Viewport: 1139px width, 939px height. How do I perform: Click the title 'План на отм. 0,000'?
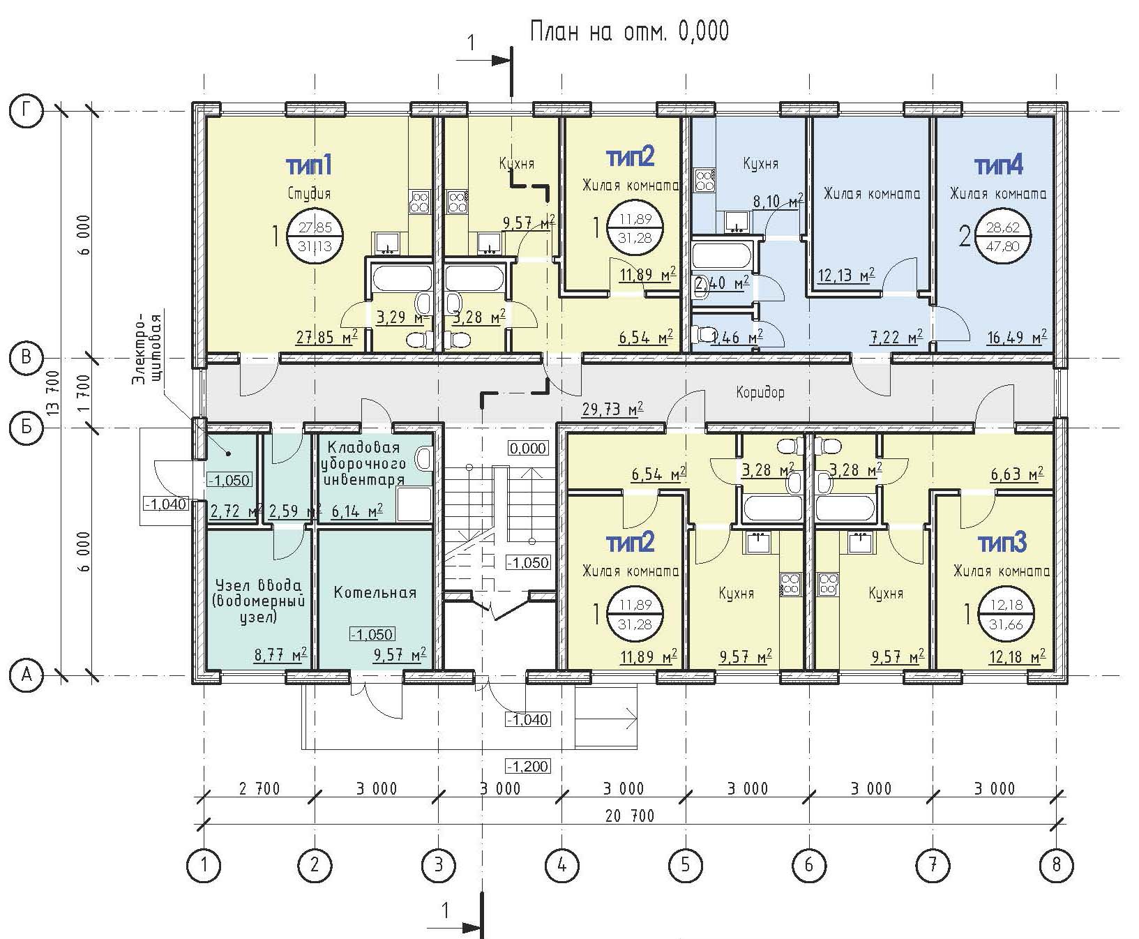point(629,31)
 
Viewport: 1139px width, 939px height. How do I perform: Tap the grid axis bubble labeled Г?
point(27,110)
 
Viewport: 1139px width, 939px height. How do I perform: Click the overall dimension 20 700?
point(629,816)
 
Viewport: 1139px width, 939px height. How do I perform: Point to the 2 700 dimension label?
point(259,789)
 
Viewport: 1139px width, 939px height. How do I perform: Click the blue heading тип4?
point(999,166)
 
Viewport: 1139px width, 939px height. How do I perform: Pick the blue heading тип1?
point(308,166)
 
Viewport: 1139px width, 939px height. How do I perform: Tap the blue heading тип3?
point(1002,542)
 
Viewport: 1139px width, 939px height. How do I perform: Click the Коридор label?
point(760,392)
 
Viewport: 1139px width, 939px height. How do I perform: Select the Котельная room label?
point(375,593)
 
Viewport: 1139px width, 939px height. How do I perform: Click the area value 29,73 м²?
point(612,409)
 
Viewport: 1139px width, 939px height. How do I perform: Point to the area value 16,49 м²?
point(1016,337)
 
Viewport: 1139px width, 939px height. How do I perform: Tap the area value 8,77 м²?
point(280,655)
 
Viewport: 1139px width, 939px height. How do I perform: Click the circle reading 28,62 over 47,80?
point(1003,237)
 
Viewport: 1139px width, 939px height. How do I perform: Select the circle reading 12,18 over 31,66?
point(1005,615)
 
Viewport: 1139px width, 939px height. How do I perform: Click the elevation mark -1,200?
point(527,767)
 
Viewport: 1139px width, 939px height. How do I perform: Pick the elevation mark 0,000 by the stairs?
point(528,448)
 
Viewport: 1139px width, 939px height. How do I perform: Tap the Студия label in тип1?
point(309,193)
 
